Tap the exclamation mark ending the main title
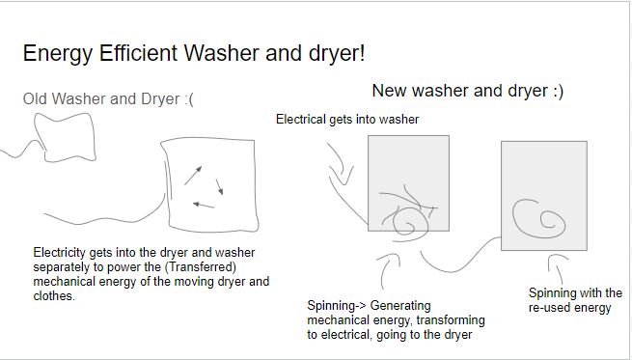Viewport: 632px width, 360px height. [362, 53]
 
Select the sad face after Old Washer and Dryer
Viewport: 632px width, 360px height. [189, 99]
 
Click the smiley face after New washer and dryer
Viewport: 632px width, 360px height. [559, 91]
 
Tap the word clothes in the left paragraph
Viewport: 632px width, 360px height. [54, 296]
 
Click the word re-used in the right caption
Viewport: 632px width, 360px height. [549, 308]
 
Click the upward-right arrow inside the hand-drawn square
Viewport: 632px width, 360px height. [193, 176]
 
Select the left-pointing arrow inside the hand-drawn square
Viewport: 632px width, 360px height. [204, 206]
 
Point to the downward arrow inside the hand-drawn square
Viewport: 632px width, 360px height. [220, 187]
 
